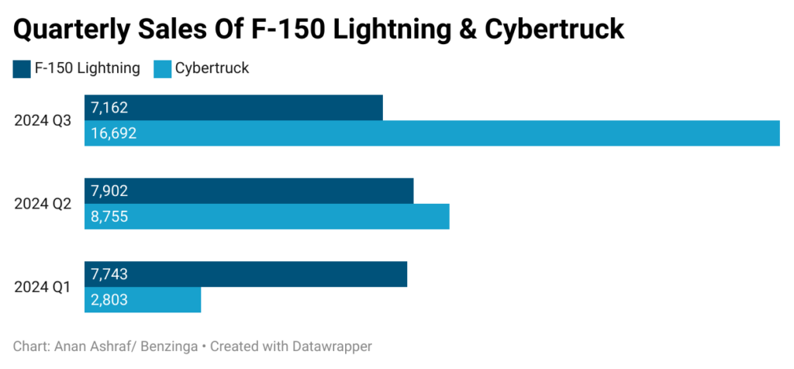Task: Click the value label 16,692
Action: (x=113, y=133)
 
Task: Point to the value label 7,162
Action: (x=109, y=108)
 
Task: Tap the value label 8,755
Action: (x=109, y=217)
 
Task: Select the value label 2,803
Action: (x=109, y=300)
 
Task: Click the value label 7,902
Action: (x=109, y=191)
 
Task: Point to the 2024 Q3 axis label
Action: (x=43, y=121)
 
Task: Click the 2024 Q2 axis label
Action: (x=43, y=204)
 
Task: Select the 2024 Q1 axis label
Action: (x=43, y=288)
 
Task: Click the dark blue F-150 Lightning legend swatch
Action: (x=22, y=69)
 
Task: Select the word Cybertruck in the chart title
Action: (x=554, y=29)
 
